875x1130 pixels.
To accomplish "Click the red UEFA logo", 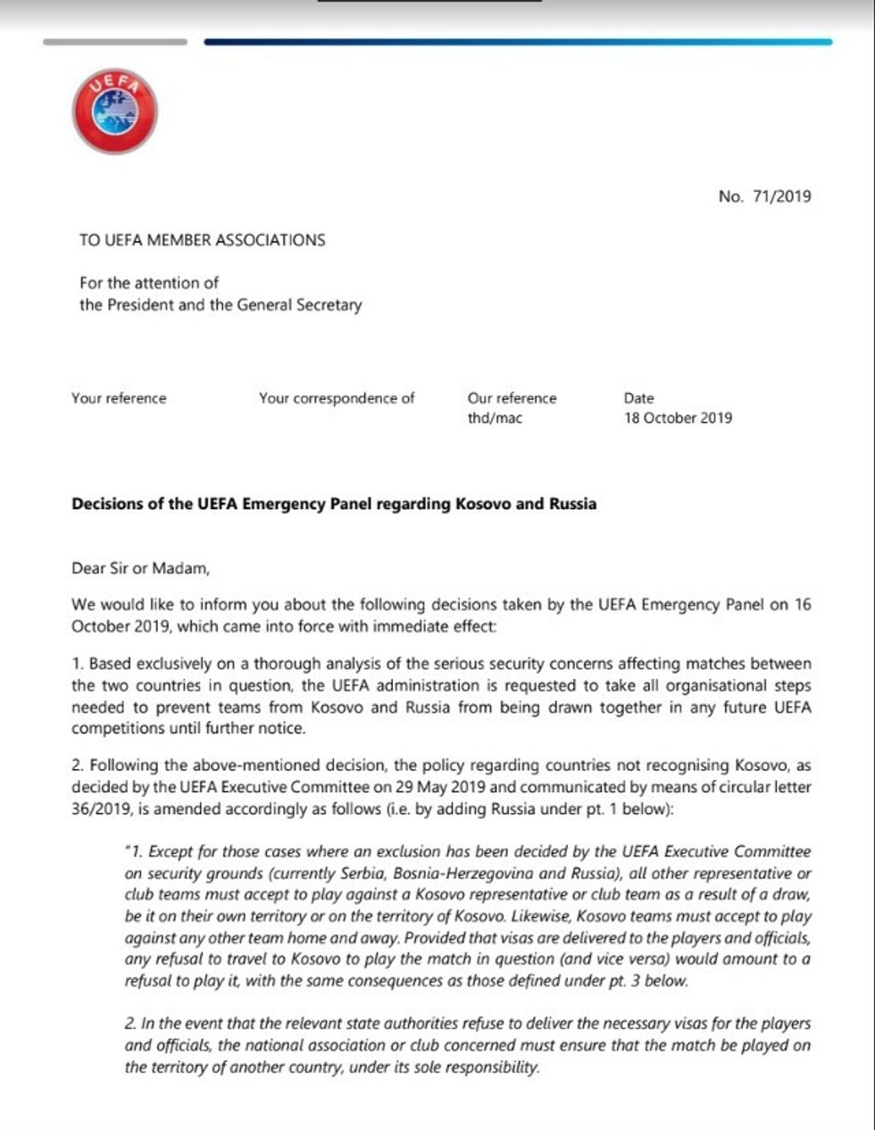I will [x=115, y=113].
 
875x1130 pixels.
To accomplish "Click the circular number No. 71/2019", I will [x=764, y=197].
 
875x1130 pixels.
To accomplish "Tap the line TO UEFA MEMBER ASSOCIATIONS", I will [x=202, y=240].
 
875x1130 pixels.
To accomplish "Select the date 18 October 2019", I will [x=678, y=418].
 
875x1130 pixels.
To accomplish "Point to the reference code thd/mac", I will [x=495, y=418].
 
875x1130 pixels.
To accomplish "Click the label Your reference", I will [x=119, y=398].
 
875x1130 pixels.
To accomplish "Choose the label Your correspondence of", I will [x=337, y=398].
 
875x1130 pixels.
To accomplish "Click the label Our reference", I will [x=512, y=398].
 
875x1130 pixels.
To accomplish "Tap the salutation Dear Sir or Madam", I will [x=139, y=567].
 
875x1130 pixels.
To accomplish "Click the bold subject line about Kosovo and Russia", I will [x=334, y=504].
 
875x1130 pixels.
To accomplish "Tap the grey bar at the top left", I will [x=115, y=42].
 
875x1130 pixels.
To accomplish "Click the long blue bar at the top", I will [x=518, y=42].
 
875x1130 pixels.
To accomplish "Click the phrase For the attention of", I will [x=149, y=283].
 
